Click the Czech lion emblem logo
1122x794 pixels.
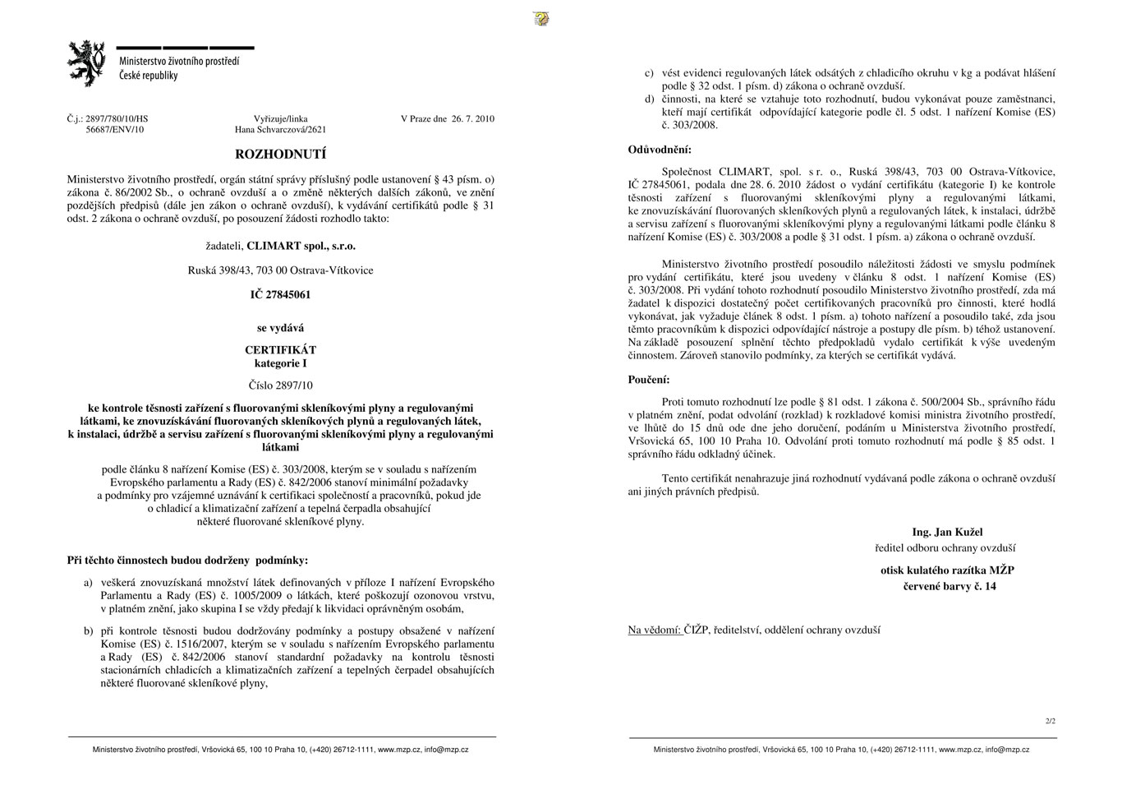coord(86,62)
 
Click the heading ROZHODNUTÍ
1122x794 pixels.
coord(280,154)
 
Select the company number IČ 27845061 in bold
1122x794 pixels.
coord(280,294)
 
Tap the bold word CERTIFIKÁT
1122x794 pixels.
coord(280,350)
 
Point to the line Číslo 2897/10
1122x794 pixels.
coord(280,385)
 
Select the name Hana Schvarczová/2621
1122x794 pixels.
coord(280,130)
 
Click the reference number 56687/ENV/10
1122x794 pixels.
coord(114,130)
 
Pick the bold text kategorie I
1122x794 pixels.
coord(280,363)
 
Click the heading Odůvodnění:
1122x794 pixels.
coord(660,150)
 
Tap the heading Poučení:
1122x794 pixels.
coord(649,380)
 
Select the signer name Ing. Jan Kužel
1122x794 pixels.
coord(947,532)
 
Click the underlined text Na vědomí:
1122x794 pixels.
coord(655,630)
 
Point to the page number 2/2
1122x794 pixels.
coord(1051,721)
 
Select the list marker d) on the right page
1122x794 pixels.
coord(649,99)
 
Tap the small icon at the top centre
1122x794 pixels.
coord(540,18)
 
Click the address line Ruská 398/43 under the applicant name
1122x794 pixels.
coord(280,270)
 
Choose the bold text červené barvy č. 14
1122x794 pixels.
coord(950,587)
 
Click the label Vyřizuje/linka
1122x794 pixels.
coord(280,119)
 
